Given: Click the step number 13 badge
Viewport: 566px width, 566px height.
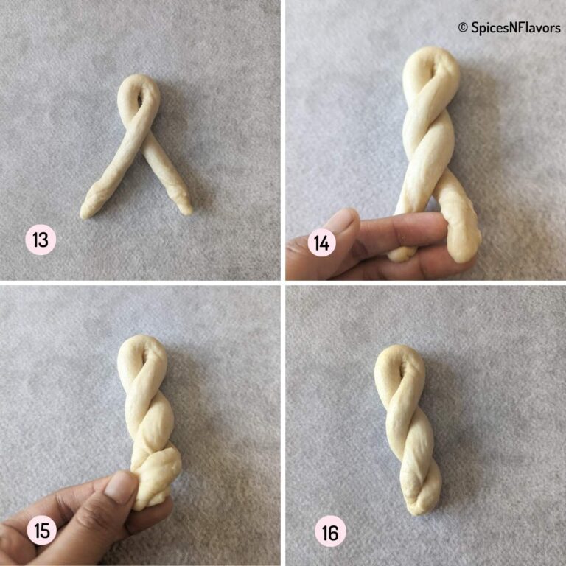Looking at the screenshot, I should [x=41, y=240].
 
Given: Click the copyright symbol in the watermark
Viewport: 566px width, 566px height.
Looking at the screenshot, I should [x=463, y=27].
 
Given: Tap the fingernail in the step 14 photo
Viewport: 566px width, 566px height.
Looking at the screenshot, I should [x=341, y=221].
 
